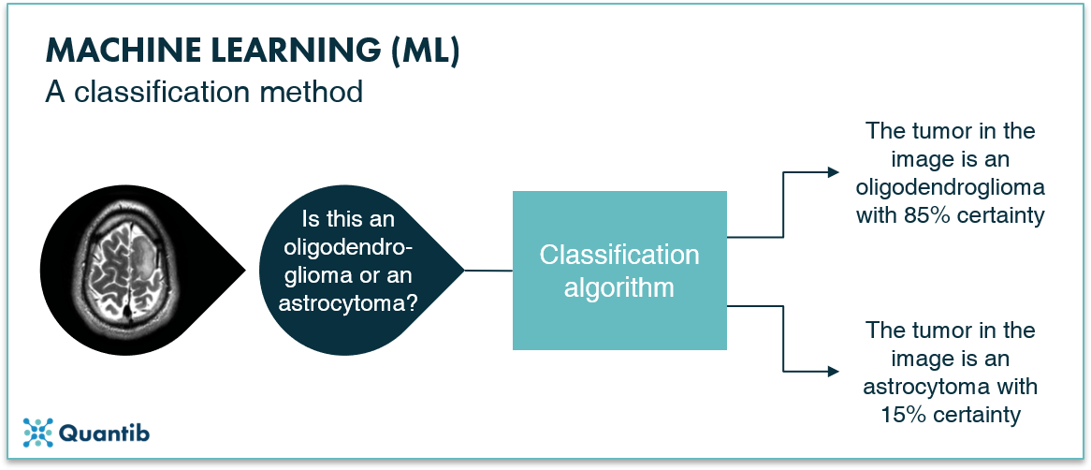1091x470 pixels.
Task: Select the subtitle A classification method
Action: (x=205, y=92)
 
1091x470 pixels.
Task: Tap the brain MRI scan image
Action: (x=126, y=268)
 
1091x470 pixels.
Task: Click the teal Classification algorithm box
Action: (x=620, y=271)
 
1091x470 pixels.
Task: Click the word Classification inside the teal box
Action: (x=620, y=255)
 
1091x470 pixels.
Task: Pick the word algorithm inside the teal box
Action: (x=619, y=286)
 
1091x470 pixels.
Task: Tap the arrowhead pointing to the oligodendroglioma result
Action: (x=834, y=172)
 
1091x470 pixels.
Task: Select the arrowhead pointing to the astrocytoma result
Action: (x=834, y=372)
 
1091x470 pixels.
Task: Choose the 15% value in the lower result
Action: (x=903, y=415)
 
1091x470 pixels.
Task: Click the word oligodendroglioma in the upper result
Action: (x=951, y=188)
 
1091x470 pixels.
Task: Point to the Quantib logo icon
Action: (x=37, y=433)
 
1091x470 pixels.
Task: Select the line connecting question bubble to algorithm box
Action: (x=487, y=271)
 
